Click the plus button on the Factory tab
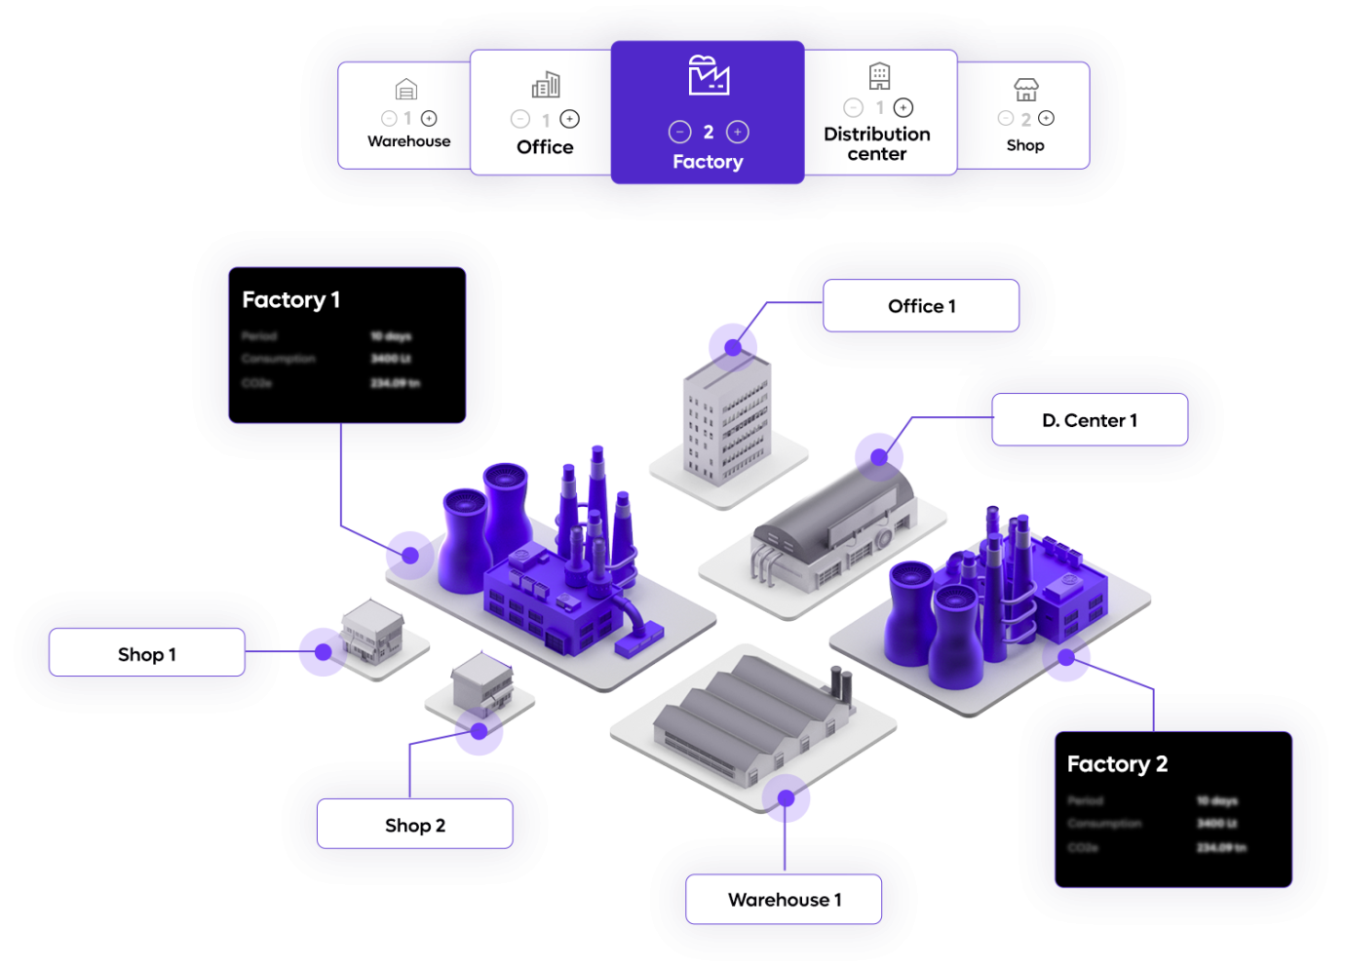pos(738,132)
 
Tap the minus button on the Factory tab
pos(679,132)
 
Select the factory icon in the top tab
pos(709,76)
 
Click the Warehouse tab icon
pos(406,91)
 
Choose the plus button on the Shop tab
pos(1046,118)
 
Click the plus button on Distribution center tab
pos(903,107)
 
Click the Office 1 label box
pos(921,306)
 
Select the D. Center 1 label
pos(1089,420)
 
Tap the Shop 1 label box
pos(147,654)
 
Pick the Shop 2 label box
pos(414,826)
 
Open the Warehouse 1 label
pos(784,900)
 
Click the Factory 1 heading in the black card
pos(290,300)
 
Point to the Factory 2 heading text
pos(1117,764)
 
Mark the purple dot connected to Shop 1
pos(321,652)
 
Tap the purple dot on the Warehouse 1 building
pos(787,798)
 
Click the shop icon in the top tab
pos(1025,91)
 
